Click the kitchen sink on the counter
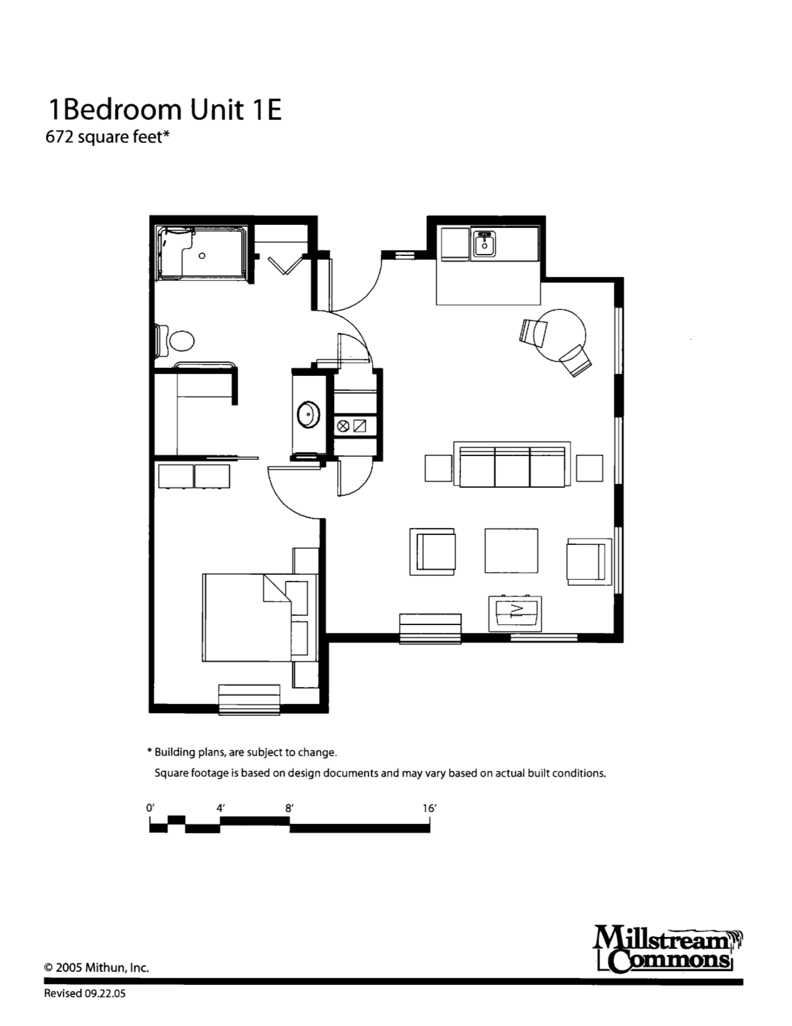coord(484,243)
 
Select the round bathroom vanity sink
coord(308,415)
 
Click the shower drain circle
coord(202,256)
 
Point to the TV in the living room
coord(515,613)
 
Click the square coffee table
coord(512,551)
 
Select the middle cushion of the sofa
coord(512,467)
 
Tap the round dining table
coord(560,335)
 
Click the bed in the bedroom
coord(260,618)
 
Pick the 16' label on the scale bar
coord(429,808)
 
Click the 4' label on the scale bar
coord(221,808)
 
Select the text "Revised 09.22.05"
coord(85,994)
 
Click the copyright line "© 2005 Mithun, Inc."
coord(97,968)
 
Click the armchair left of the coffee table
coord(433,551)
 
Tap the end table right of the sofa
coord(589,468)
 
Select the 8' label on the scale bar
coord(289,808)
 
